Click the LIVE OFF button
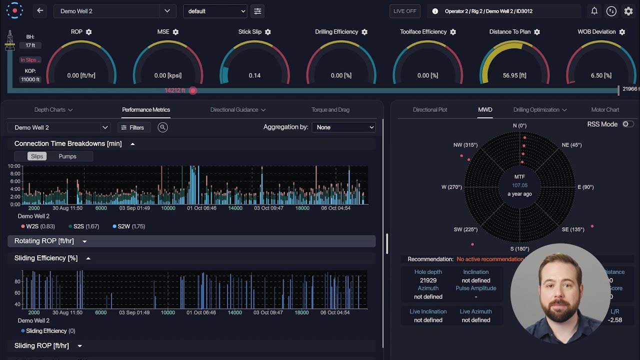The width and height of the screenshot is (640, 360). click(x=404, y=11)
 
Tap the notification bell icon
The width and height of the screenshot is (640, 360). click(x=594, y=11)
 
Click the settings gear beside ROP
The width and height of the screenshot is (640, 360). click(x=89, y=32)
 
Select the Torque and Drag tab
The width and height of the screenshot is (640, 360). click(x=330, y=109)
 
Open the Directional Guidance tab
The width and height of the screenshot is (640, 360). click(x=237, y=109)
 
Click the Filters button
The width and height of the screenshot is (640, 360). click(x=132, y=127)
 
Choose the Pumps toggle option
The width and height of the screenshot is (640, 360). click(x=67, y=156)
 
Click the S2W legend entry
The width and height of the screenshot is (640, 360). click(x=128, y=226)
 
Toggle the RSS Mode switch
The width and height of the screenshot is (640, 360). click(x=627, y=124)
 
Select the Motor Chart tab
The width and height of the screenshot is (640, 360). click(x=605, y=109)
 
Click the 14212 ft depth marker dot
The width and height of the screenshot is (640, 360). click(x=193, y=90)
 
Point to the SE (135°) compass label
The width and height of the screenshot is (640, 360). click(x=573, y=229)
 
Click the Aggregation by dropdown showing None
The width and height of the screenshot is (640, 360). click(x=343, y=127)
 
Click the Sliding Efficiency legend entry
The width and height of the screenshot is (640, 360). click(x=47, y=331)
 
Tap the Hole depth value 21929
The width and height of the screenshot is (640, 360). click(x=428, y=280)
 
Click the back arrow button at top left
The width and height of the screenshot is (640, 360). click(x=40, y=11)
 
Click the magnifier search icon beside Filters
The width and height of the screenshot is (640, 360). click(x=162, y=127)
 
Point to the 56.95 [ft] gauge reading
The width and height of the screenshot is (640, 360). click(x=514, y=75)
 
